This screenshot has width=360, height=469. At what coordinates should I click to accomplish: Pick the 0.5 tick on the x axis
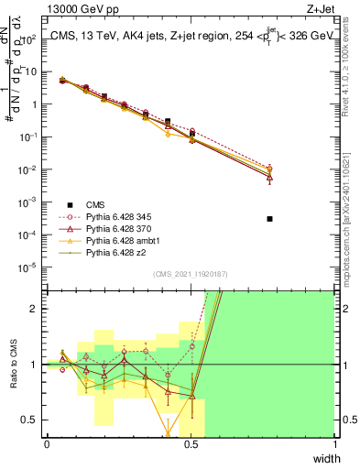[191, 444]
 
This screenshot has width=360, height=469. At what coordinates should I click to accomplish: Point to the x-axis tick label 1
[335, 444]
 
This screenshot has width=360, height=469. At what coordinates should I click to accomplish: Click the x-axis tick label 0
[47, 444]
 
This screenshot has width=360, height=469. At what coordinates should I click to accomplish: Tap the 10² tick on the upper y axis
[34, 39]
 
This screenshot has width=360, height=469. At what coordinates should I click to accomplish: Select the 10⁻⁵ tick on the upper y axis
[33, 267]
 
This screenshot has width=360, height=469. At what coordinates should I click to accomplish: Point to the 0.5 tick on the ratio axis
[34, 420]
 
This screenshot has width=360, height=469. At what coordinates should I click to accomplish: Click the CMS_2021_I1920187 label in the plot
[191, 275]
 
